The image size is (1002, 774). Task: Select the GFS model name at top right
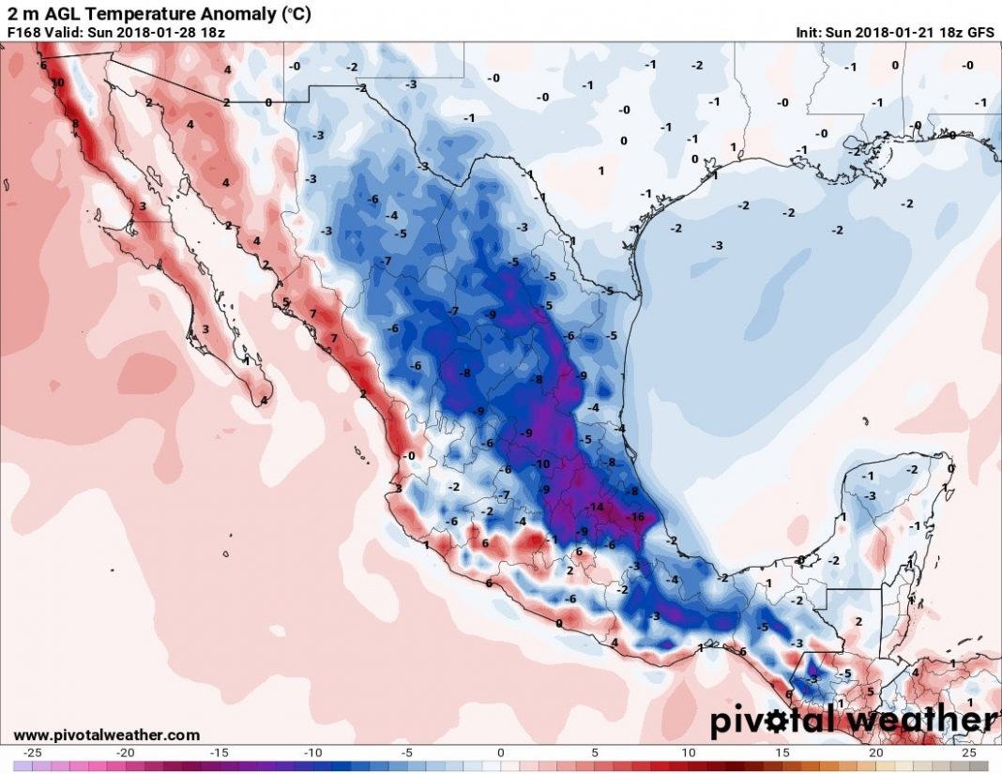tap(979, 32)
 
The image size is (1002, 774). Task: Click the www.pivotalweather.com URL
tap(106, 735)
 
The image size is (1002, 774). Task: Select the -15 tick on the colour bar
tap(220, 753)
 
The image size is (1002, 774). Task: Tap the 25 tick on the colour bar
tap(969, 753)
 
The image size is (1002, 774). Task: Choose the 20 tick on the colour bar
tap(875, 753)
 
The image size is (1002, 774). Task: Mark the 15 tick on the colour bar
tap(782, 753)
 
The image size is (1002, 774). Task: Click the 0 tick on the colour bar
tap(501, 753)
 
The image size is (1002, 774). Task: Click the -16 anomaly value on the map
tap(635, 517)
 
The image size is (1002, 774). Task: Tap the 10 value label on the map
tap(57, 83)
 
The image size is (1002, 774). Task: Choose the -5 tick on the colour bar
tap(407, 753)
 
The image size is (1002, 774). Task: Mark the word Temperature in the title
tap(119, 13)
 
